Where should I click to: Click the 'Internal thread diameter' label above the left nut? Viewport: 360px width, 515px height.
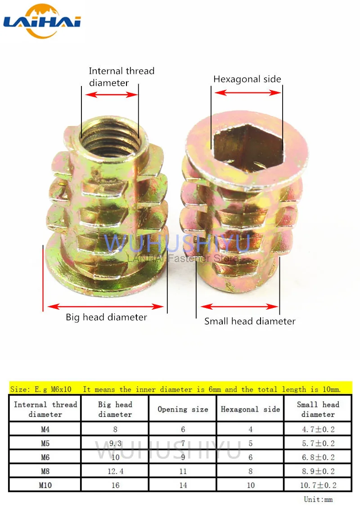(x=121, y=77)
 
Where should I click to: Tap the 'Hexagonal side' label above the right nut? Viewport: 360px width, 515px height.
(x=247, y=79)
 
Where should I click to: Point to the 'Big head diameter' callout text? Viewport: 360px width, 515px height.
(x=106, y=317)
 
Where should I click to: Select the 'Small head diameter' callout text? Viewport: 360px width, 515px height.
(x=250, y=321)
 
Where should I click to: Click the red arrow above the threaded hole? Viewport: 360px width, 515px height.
(x=111, y=95)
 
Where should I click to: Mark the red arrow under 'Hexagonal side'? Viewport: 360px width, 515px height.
(x=247, y=93)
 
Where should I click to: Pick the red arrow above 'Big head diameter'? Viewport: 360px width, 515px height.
(x=106, y=307)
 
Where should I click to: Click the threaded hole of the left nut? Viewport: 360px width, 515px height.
(x=110, y=135)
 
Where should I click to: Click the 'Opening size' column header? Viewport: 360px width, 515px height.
(x=183, y=409)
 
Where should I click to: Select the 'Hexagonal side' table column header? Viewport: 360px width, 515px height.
(x=250, y=409)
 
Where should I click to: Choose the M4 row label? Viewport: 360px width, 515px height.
(x=45, y=429)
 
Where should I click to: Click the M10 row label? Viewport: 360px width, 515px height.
(x=45, y=485)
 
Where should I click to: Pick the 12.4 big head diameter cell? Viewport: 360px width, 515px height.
(x=115, y=471)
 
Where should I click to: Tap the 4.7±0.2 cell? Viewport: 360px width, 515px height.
(x=318, y=429)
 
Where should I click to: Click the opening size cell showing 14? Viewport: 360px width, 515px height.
(x=183, y=485)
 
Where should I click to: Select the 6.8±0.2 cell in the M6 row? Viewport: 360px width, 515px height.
(x=318, y=457)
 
